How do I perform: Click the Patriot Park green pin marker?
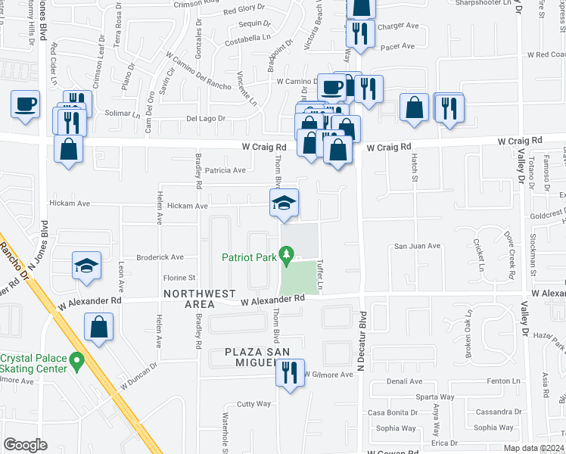[287, 257]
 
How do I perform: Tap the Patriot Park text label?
[249, 257]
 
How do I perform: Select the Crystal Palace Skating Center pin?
[76, 362]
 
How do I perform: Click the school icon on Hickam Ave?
[285, 204]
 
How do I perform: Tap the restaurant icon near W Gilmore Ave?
[290, 373]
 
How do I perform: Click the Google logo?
[25, 445]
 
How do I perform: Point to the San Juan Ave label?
[417, 246]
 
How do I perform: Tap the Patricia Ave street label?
[220, 170]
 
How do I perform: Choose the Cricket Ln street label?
[479, 255]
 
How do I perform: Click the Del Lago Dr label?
[206, 118]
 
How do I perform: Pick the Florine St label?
[180, 278]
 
